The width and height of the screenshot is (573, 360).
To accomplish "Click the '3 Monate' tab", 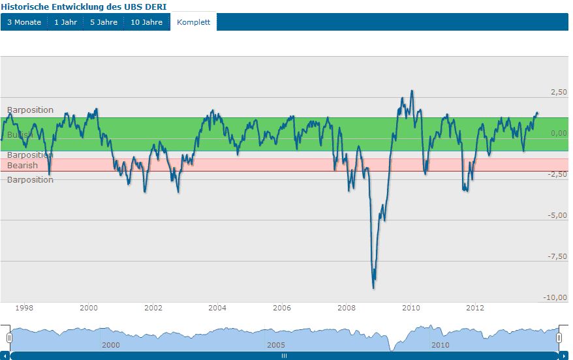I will point(24,22).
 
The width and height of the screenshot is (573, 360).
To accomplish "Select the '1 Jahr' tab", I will point(65,22).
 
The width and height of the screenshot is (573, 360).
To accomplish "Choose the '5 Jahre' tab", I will point(104,22).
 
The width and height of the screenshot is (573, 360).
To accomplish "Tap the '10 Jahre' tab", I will point(146,22).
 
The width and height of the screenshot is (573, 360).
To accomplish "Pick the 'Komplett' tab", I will point(193,22).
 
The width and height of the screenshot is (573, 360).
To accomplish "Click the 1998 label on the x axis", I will point(24,308).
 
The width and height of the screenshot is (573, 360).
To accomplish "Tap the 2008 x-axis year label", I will point(346,308).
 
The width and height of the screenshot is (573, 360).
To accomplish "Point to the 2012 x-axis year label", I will point(475,308).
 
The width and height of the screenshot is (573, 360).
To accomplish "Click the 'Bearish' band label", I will point(22,166).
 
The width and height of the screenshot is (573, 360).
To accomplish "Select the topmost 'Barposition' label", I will point(30,110).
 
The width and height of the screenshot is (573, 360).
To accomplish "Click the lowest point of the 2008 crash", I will point(373,288).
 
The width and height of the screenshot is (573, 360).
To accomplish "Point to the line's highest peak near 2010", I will point(411,91).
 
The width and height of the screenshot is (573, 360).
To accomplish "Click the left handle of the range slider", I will point(9,338).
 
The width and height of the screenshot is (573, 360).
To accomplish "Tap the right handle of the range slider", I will point(559,338).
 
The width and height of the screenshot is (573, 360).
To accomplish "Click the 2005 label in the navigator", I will point(275,344).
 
